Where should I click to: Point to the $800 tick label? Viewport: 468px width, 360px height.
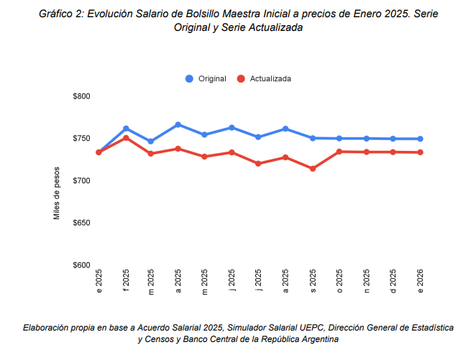(81, 96)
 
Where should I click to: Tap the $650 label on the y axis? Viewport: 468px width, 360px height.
(81, 223)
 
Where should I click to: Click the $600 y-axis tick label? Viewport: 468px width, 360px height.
(81, 265)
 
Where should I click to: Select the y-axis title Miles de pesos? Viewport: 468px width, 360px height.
(58, 195)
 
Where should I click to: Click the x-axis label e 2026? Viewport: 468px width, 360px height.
(420, 280)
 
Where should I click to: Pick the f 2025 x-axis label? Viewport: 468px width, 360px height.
(126, 280)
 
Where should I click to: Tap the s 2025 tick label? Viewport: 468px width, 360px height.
(313, 280)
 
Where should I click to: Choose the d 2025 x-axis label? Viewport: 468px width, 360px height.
(393, 280)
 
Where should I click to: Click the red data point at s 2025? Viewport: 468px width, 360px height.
(313, 169)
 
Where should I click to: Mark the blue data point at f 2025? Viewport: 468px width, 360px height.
(126, 129)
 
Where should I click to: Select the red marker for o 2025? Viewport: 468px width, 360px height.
(339, 152)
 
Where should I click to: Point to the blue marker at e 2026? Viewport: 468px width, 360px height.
(420, 139)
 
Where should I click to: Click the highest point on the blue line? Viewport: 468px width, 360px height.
(178, 124)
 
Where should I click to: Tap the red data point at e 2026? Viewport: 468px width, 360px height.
(420, 152)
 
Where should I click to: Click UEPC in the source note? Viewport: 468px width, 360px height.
(292, 327)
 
